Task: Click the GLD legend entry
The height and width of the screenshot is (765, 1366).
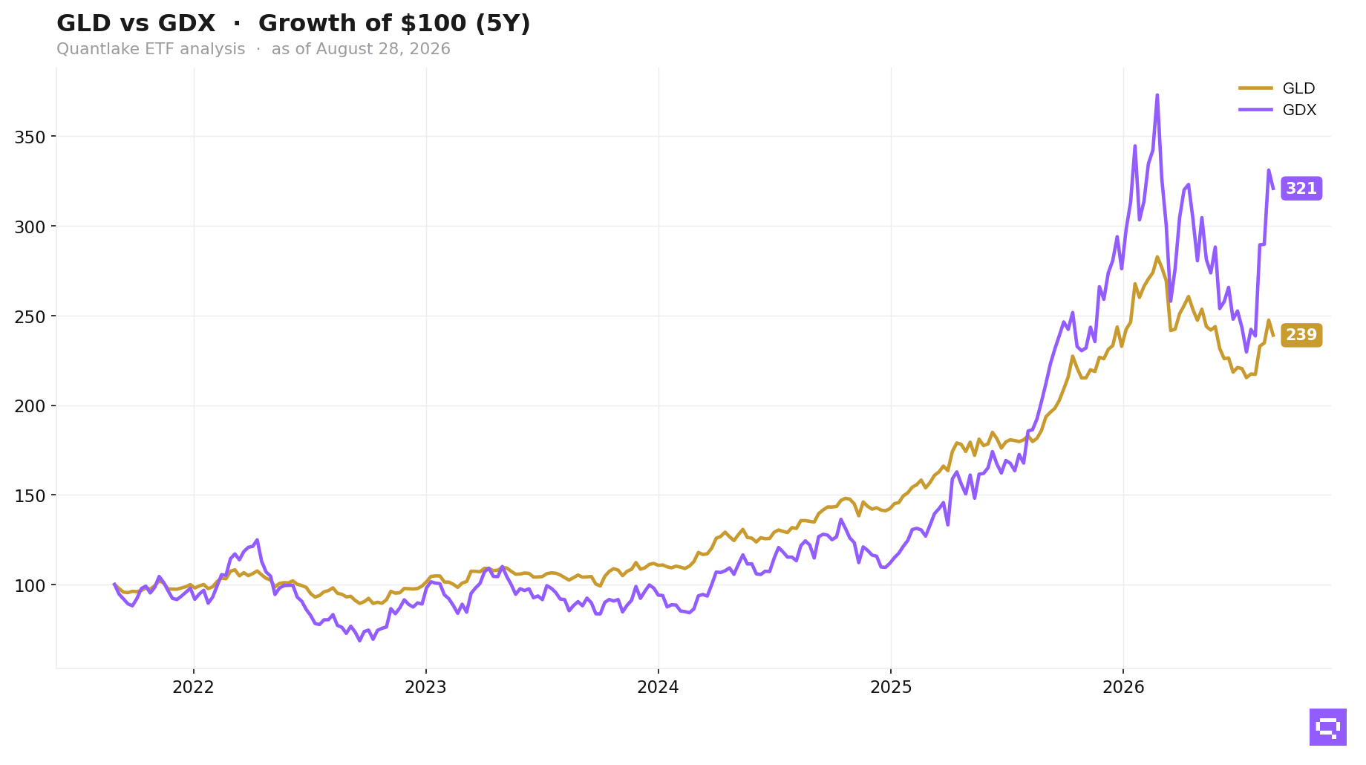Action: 1277,88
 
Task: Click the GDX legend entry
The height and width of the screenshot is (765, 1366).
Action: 1277,110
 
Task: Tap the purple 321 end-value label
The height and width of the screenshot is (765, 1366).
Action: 1301,189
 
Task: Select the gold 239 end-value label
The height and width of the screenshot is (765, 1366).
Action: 1301,335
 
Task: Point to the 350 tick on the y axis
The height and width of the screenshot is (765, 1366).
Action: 30,137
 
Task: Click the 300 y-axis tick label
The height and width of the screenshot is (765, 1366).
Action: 30,227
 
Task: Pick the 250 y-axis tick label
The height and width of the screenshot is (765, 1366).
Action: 30,316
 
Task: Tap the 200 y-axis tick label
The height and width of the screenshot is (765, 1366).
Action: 30,406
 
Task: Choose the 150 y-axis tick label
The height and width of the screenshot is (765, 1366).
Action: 30,495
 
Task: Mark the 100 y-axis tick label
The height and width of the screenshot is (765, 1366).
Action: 30,585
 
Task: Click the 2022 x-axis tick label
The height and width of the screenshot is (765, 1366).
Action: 193,688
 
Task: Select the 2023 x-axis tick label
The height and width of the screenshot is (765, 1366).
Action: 425,688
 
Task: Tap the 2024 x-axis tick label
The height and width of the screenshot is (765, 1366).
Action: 658,688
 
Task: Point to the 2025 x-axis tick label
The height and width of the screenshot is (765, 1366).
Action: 891,688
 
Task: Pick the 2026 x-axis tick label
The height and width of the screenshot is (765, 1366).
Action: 1123,688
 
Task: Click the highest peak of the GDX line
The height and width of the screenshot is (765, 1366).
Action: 1157,95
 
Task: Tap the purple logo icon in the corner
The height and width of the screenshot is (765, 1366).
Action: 1328,727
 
